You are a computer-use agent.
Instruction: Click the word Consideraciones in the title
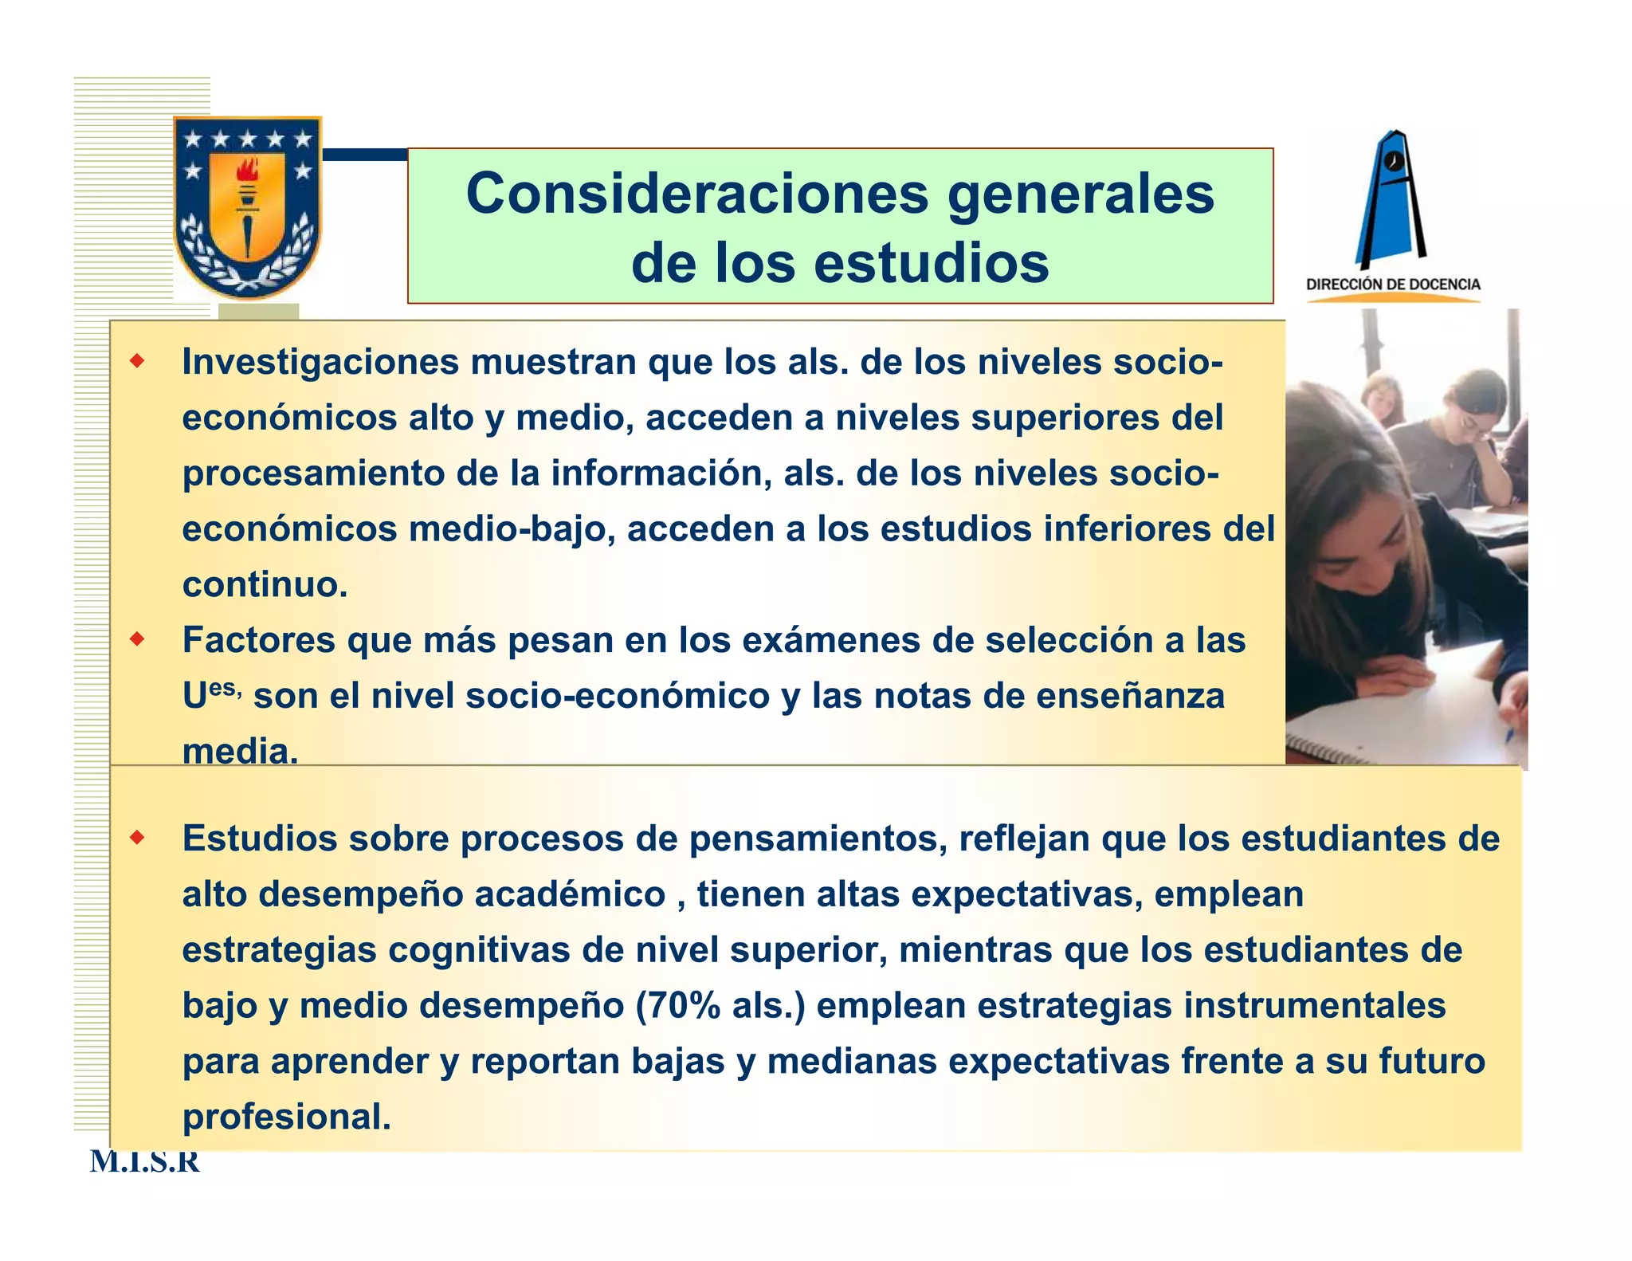697,194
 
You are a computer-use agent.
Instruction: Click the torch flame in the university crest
249,171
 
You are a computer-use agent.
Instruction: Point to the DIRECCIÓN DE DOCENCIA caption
1393,285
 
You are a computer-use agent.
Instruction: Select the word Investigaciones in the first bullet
320,363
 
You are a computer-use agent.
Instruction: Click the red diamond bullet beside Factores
138,639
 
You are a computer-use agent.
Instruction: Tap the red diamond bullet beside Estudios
138,838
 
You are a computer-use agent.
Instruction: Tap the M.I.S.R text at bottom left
144,1162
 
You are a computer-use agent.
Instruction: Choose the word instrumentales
1314,1006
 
